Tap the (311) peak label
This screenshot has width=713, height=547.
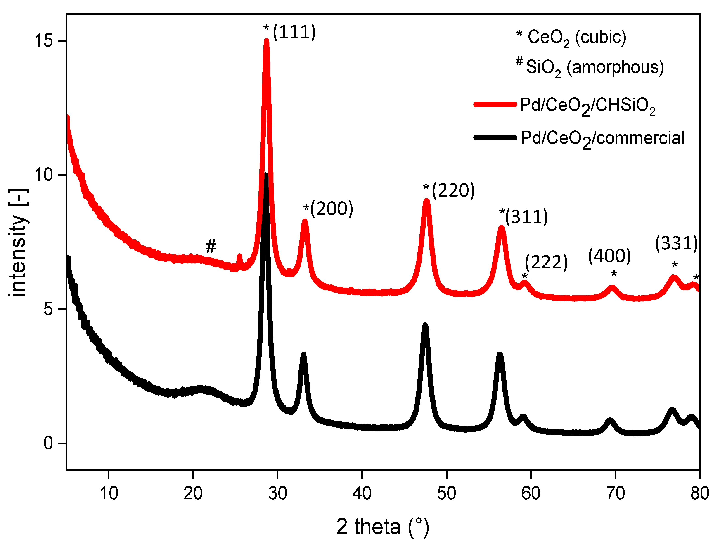click(x=526, y=217)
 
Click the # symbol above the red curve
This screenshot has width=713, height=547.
click(x=211, y=246)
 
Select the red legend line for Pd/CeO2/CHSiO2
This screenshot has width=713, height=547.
click(x=495, y=104)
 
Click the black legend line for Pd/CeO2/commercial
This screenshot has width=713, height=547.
click(x=495, y=137)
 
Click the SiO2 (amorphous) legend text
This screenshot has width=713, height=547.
click(x=595, y=67)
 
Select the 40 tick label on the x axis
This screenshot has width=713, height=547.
click(x=362, y=493)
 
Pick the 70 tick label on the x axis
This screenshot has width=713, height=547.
click(x=615, y=493)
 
